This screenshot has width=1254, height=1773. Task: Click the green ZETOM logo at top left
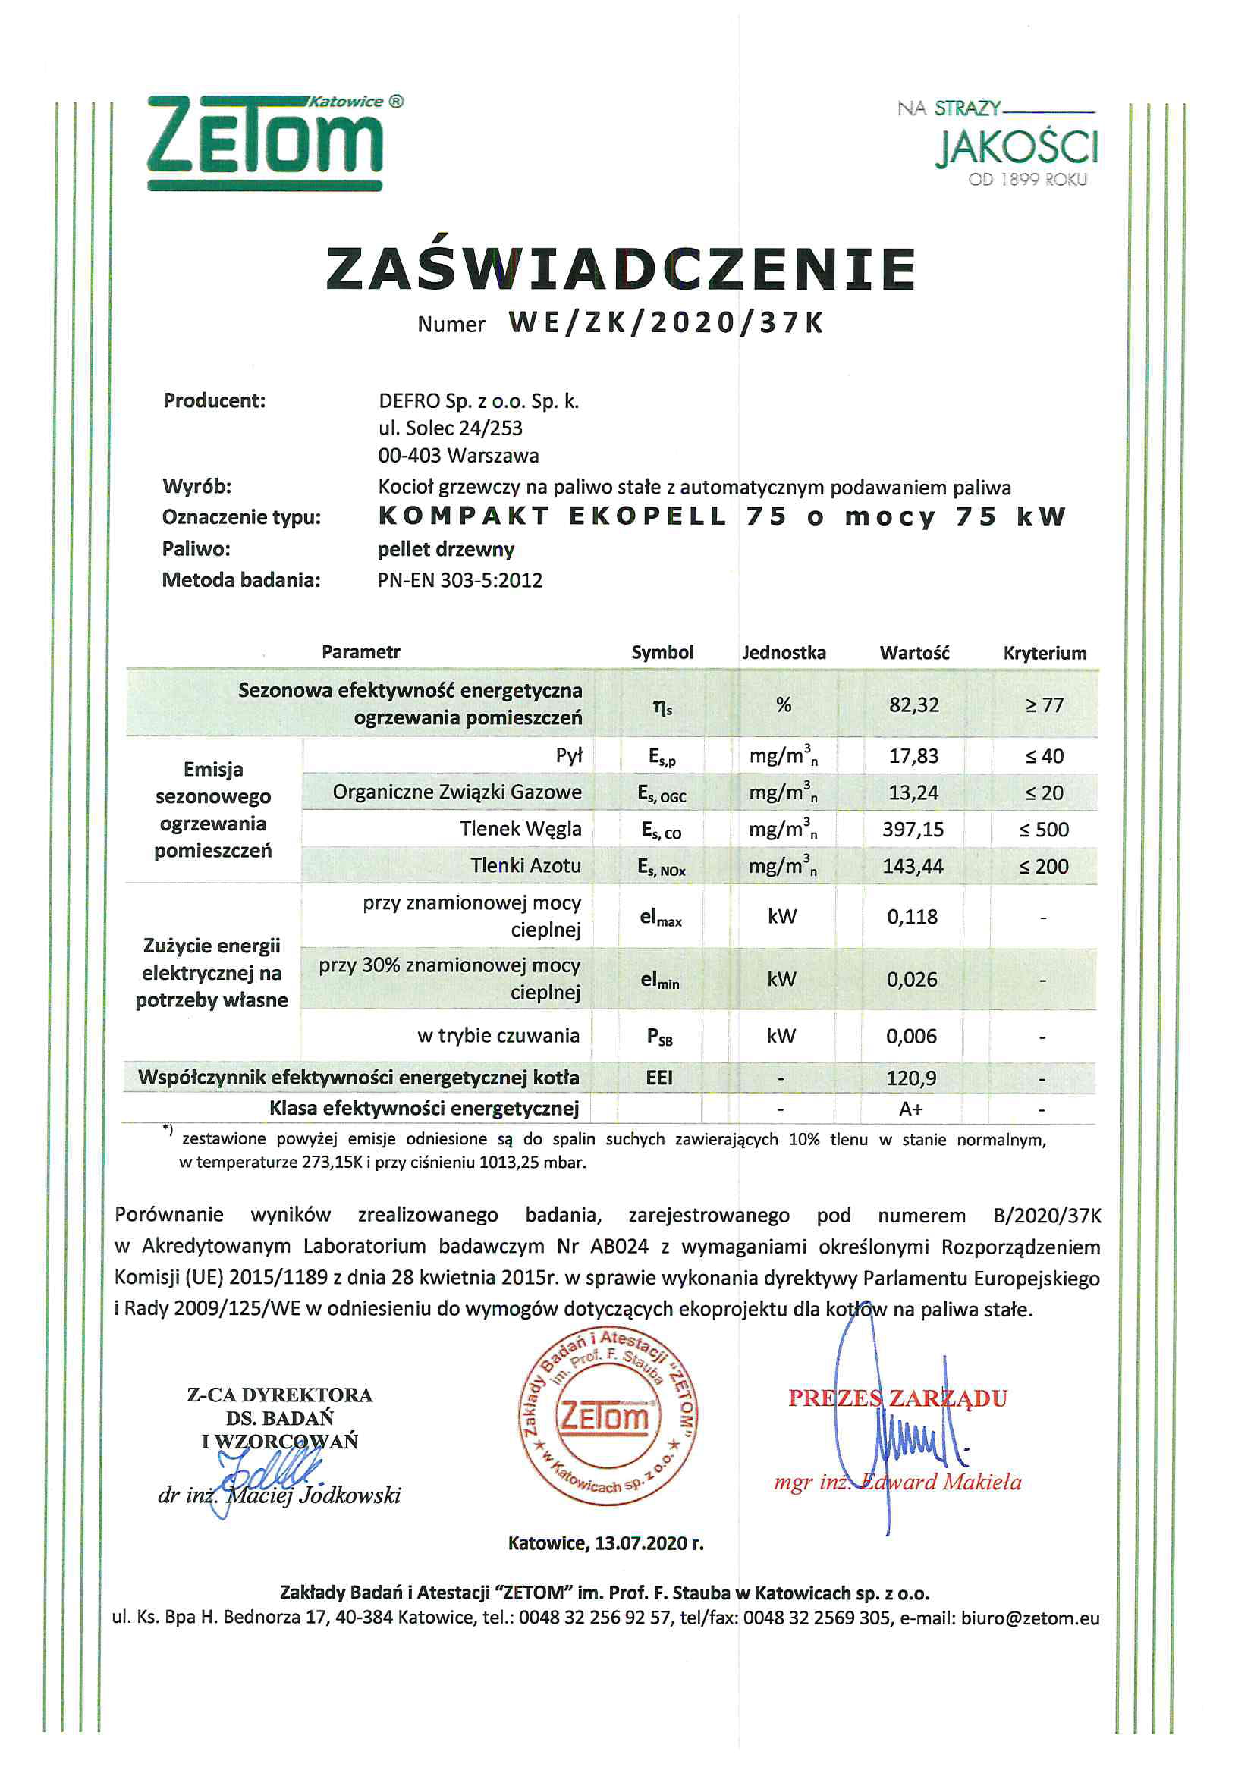pyautogui.click(x=264, y=143)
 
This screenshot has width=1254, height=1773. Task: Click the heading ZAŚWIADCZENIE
pyautogui.click(x=621, y=268)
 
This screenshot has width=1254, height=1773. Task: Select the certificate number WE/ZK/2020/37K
pyautogui.click(x=666, y=323)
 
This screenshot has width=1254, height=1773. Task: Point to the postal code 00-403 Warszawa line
pyautogui.click(x=458, y=456)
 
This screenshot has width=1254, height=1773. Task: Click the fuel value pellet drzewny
pyautogui.click(x=446, y=549)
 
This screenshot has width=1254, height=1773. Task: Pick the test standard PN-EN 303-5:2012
pyautogui.click(x=460, y=580)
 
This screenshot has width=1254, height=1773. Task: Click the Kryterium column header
pyautogui.click(x=1045, y=653)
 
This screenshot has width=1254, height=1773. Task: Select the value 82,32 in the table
pyautogui.click(x=914, y=705)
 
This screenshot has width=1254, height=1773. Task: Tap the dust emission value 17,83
pyautogui.click(x=913, y=756)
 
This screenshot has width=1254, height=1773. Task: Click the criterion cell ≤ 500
pyautogui.click(x=1044, y=830)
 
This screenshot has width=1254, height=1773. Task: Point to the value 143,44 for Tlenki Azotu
pyautogui.click(x=913, y=867)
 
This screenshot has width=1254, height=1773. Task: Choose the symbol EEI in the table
pyautogui.click(x=659, y=1078)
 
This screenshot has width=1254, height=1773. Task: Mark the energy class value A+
pyautogui.click(x=911, y=1109)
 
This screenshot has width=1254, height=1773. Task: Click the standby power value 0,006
pyautogui.click(x=911, y=1037)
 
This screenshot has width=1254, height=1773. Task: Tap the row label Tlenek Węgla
pyautogui.click(x=520, y=829)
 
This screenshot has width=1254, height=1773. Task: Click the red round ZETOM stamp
pyautogui.click(x=608, y=1417)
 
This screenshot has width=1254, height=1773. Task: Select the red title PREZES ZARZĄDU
pyautogui.click(x=897, y=1398)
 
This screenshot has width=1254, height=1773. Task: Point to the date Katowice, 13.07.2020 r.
pyautogui.click(x=605, y=1544)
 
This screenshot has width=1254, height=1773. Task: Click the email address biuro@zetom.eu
pyautogui.click(x=1030, y=1618)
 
